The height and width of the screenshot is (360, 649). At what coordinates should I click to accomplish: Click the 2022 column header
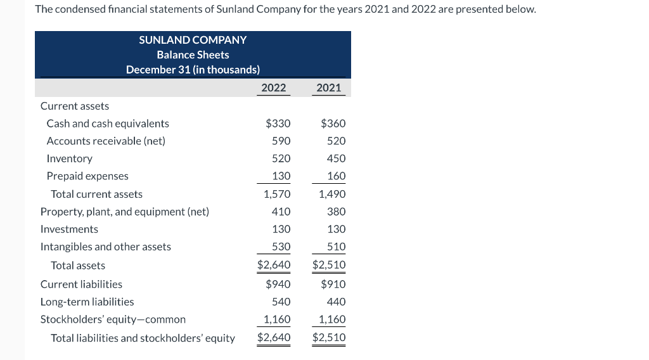coord(274,88)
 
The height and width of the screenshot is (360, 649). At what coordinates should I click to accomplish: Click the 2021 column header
coord(328,88)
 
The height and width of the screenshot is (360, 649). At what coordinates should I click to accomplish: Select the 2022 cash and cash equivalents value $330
coord(278,124)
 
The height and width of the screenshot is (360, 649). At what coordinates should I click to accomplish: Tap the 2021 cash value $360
coord(333,124)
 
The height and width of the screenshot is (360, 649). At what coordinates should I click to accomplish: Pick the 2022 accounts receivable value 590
coord(281,141)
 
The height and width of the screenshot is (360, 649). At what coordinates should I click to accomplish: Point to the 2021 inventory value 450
coord(336,158)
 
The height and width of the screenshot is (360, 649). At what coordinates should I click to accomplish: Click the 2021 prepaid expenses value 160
coord(336,176)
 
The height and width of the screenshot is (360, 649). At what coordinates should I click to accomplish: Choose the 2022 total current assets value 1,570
coord(277,194)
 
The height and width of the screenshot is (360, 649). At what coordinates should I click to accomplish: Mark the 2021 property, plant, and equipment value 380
coord(336,212)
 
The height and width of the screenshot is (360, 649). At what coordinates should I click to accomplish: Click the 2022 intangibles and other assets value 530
coord(281,247)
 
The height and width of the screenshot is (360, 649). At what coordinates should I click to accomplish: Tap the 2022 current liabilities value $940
coord(278,284)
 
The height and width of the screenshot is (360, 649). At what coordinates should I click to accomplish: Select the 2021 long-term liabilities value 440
coord(336,302)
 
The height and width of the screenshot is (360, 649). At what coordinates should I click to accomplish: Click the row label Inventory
coord(69,158)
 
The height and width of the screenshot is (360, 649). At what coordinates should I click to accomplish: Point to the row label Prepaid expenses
coord(87,176)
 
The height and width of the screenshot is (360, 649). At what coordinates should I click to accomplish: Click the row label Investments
coord(69,229)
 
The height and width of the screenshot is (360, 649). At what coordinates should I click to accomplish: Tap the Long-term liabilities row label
coord(87,302)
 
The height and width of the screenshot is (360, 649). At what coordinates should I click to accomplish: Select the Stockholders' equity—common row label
coord(113,319)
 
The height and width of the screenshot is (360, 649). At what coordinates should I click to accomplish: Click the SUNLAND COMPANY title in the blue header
coord(193,40)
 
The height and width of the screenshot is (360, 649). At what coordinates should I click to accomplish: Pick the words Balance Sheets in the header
coord(193,55)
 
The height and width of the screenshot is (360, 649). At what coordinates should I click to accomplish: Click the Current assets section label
coord(74,106)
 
